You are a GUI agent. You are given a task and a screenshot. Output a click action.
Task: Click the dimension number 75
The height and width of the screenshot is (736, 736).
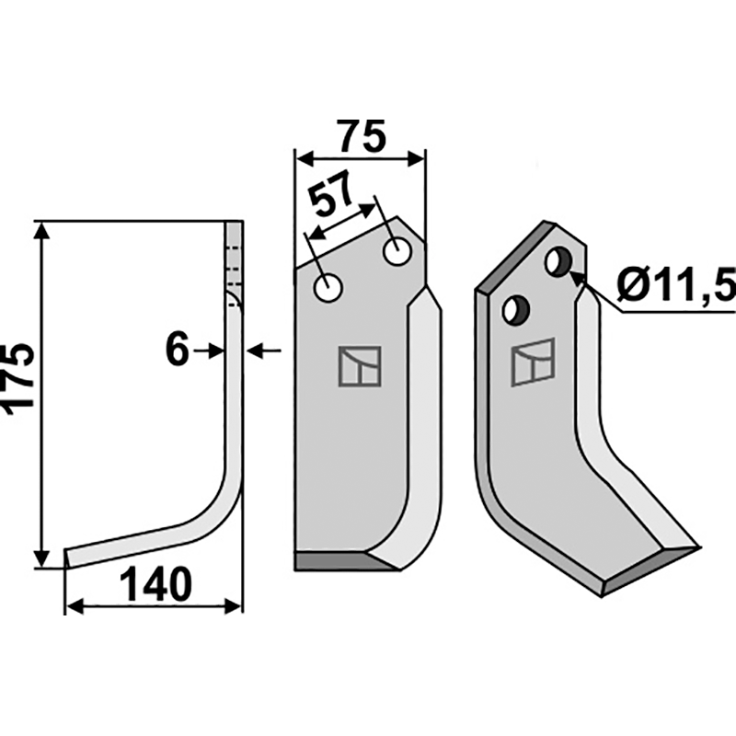pyautogui.click(x=362, y=136)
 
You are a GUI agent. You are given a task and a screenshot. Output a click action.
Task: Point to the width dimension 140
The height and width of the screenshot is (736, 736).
pyautogui.click(x=155, y=584)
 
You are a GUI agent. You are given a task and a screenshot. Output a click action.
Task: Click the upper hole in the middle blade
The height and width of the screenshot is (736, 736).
pyautogui.click(x=397, y=252)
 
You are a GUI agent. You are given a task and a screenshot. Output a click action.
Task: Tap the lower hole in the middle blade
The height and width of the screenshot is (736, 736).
pyautogui.click(x=328, y=288)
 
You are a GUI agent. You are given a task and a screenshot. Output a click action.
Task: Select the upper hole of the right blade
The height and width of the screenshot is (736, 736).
pyautogui.click(x=558, y=261)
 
